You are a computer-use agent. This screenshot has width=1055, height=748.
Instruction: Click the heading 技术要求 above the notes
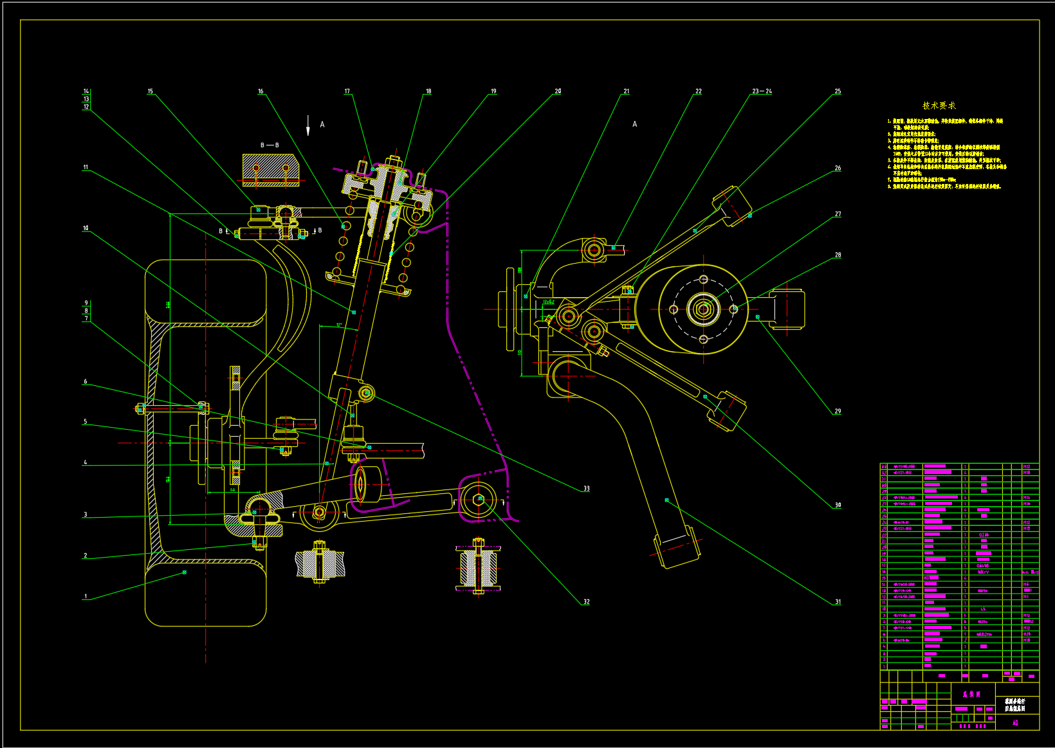pyautogui.click(x=939, y=105)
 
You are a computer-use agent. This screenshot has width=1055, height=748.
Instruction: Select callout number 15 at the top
pyautogui.click(x=151, y=91)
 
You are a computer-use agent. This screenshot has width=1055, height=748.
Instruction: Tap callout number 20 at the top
pyautogui.click(x=558, y=91)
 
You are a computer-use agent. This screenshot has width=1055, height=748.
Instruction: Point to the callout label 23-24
pyautogui.click(x=762, y=91)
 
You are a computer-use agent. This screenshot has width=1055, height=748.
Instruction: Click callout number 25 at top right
pyautogui.click(x=838, y=91)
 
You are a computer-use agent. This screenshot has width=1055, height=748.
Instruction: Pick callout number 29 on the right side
pyautogui.click(x=838, y=411)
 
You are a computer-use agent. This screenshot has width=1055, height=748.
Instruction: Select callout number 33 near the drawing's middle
pyautogui.click(x=586, y=488)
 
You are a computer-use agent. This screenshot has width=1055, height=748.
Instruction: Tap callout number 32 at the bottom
pyautogui.click(x=586, y=602)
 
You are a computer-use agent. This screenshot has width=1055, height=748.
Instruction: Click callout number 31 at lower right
pyautogui.click(x=838, y=602)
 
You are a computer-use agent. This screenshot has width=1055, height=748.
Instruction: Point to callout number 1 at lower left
pyautogui.click(x=86, y=596)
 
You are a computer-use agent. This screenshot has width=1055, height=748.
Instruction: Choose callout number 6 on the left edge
pyautogui.click(x=86, y=381)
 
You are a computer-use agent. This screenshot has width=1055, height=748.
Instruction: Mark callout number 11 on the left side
pyautogui.click(x=86, y=167)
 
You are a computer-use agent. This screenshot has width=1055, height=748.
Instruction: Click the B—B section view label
pyautogui.click(x=270, y=145)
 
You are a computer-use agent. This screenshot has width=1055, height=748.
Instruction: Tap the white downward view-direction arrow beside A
pyautogui.click(x=308, y=126)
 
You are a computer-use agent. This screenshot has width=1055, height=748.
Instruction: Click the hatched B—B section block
pyautogui.click(x=270, y=170)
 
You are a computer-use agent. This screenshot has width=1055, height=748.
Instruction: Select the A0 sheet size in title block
pyautogui.click(x=1015, y=722)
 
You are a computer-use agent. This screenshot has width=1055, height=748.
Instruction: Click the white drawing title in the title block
pyautogui.click(x=1014, y=705)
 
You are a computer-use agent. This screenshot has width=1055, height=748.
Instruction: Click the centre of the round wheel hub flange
pyautogui.click(x=703, y=309)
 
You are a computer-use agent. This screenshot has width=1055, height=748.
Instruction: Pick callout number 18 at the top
pyautogui.click(x=428, y=91)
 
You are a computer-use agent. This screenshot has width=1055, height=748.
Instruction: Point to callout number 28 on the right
pyautogui.click(x=838, y=255)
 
